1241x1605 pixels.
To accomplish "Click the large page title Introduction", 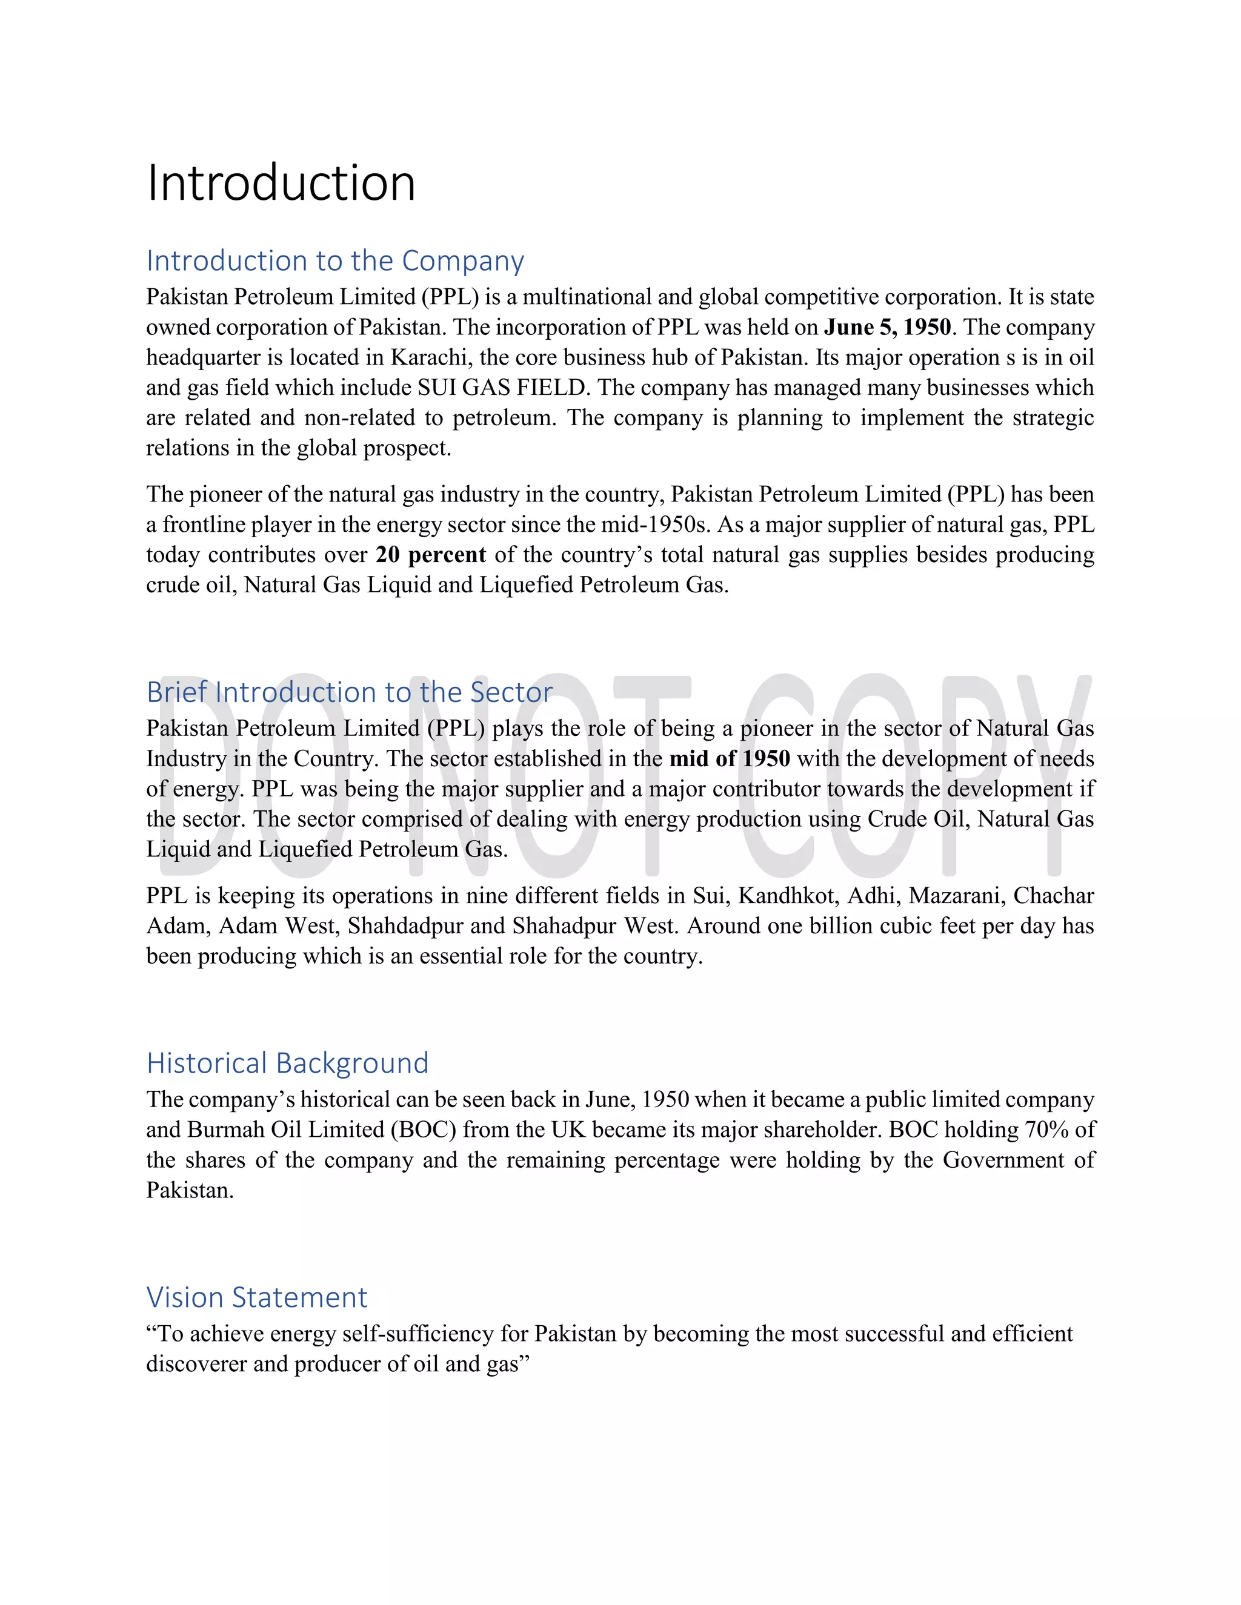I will (281, 183).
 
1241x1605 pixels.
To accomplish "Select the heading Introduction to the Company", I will (334, 261).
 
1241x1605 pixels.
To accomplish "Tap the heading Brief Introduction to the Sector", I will (349, 692).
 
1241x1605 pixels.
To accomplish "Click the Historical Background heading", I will (287, 1064).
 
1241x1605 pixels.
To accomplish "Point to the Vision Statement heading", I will (256, 1297).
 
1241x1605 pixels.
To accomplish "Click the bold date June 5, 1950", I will (887, 327).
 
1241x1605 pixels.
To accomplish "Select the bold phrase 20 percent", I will (431, 554).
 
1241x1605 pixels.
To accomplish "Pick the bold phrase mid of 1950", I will (730, 758).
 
